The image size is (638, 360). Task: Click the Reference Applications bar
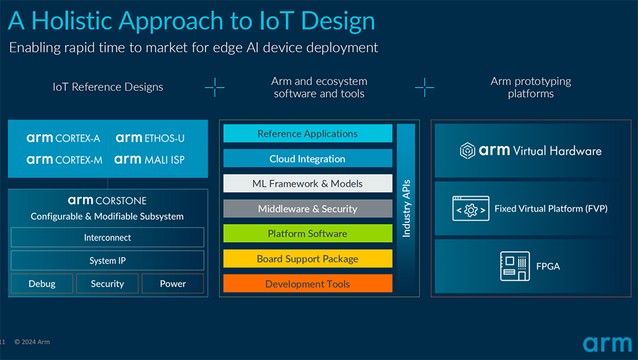pyautogui.click(x=308, y=133)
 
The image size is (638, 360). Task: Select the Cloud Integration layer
pyautogui.click(x=308, y=159)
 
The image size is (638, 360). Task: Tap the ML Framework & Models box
pyautogui.click(x=308, y=184)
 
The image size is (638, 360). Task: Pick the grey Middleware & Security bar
pyautogui.click(x=308, y=209)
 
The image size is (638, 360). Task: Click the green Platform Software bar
pyautogui.click(x=308, y=234)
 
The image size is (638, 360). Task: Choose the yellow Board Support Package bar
pyautogui.click(x=308, y=259)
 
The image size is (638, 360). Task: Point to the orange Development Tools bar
pyautogui.click(x=308, y=284)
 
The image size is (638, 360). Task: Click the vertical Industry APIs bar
pyautogui.click(x=406, y=208)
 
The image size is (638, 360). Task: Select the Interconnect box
pyautogui.click(x=107, y=237)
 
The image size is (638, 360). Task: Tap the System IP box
pyautogui.click(x=107, y=260)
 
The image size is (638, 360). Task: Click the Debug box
pyautogui.click(x=42, y=283)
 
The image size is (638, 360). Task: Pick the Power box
pyautogui.click(x=173, y=283)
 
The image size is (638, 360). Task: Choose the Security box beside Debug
pyautogui.click(x=107, y=283)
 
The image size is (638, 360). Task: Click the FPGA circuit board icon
pyautogui.click(x=514, y=266)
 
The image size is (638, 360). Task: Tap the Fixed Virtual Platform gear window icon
pyautogui.click(x=471, y=209)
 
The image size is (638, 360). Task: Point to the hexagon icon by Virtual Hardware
pyautogui.click(x=468, y=151)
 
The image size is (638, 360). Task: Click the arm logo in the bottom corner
pyautogui.click(x=607, y=344)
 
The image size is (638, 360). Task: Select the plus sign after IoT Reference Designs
pyautogui.click(x=214, y=87)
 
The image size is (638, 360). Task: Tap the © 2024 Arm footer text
pyautogui.click(x=32, y=342)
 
